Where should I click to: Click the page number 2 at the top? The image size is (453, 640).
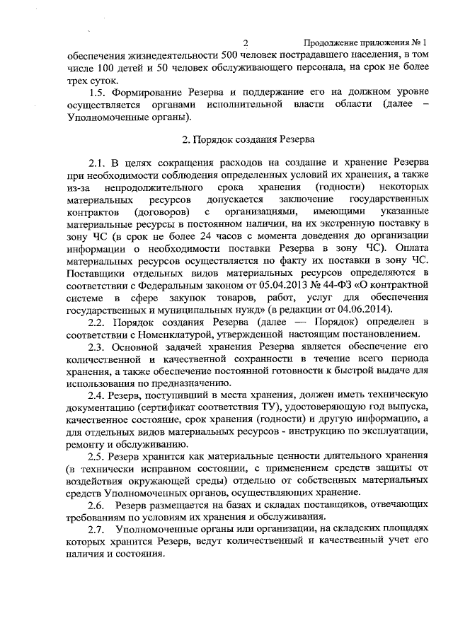pos(245,43)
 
